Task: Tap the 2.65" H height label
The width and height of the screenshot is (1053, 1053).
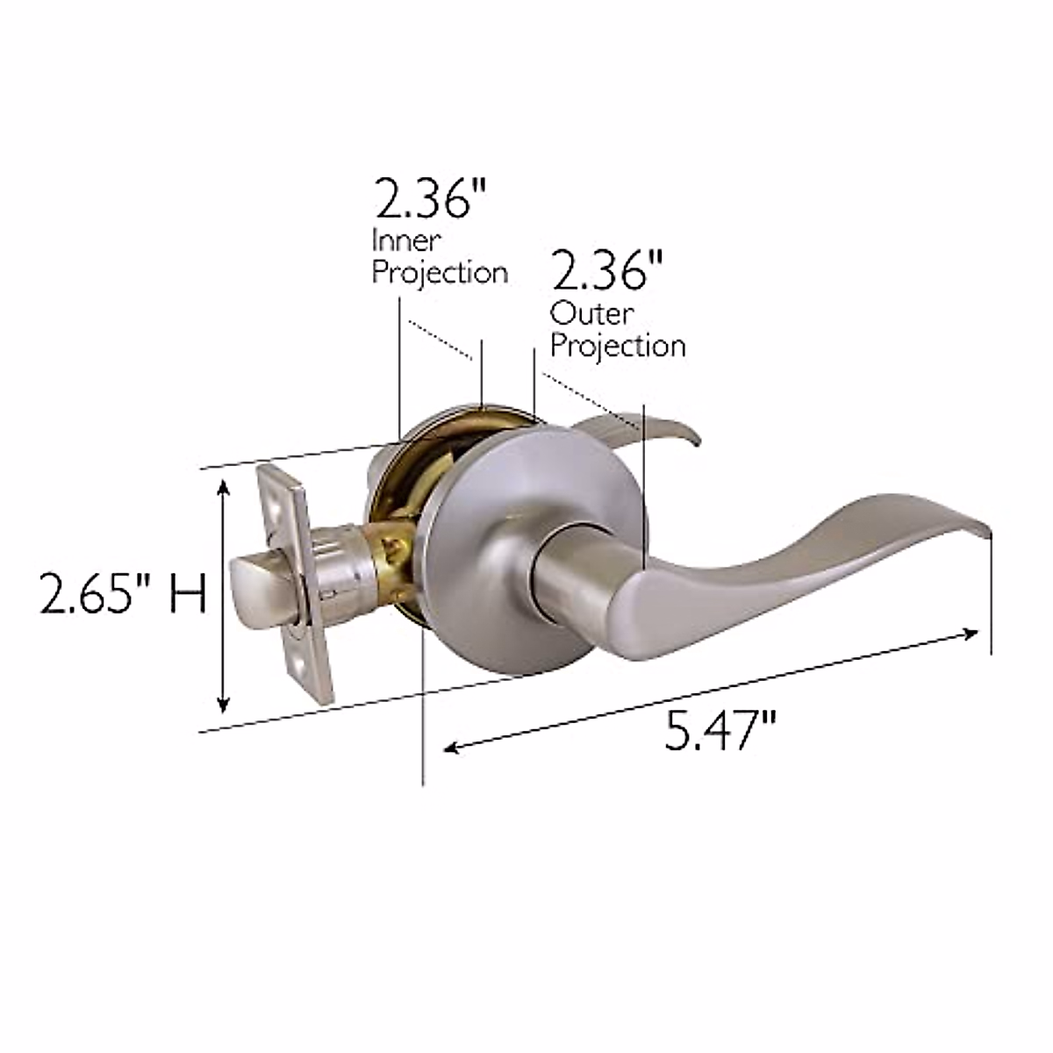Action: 122,596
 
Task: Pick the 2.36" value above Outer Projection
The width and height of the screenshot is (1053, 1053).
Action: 607,272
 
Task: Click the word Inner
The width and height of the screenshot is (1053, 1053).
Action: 406,240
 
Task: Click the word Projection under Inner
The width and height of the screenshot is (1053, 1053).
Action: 440,272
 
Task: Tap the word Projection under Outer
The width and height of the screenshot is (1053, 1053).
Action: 617,346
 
